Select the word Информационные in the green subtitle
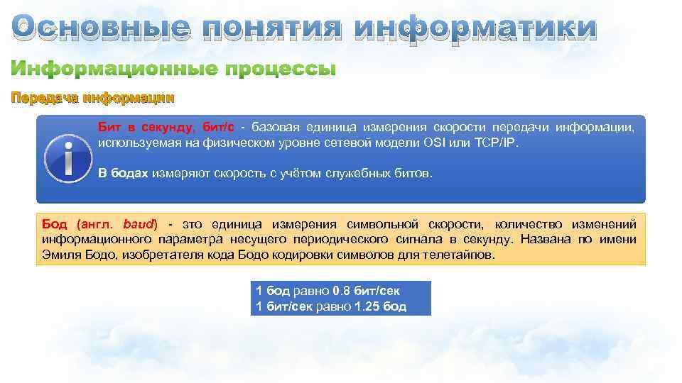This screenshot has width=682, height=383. pyautogui.click(x=107, y=70)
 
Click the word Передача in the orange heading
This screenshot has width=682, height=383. pyautogui.click(x=44, y=97)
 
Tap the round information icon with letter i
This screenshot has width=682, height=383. pyautogui.click(x=67, y=159)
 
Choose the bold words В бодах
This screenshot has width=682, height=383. pyautogui.click(x=123, y=173)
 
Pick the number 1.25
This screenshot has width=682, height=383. pyautogui.click(x=368, y=306)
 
